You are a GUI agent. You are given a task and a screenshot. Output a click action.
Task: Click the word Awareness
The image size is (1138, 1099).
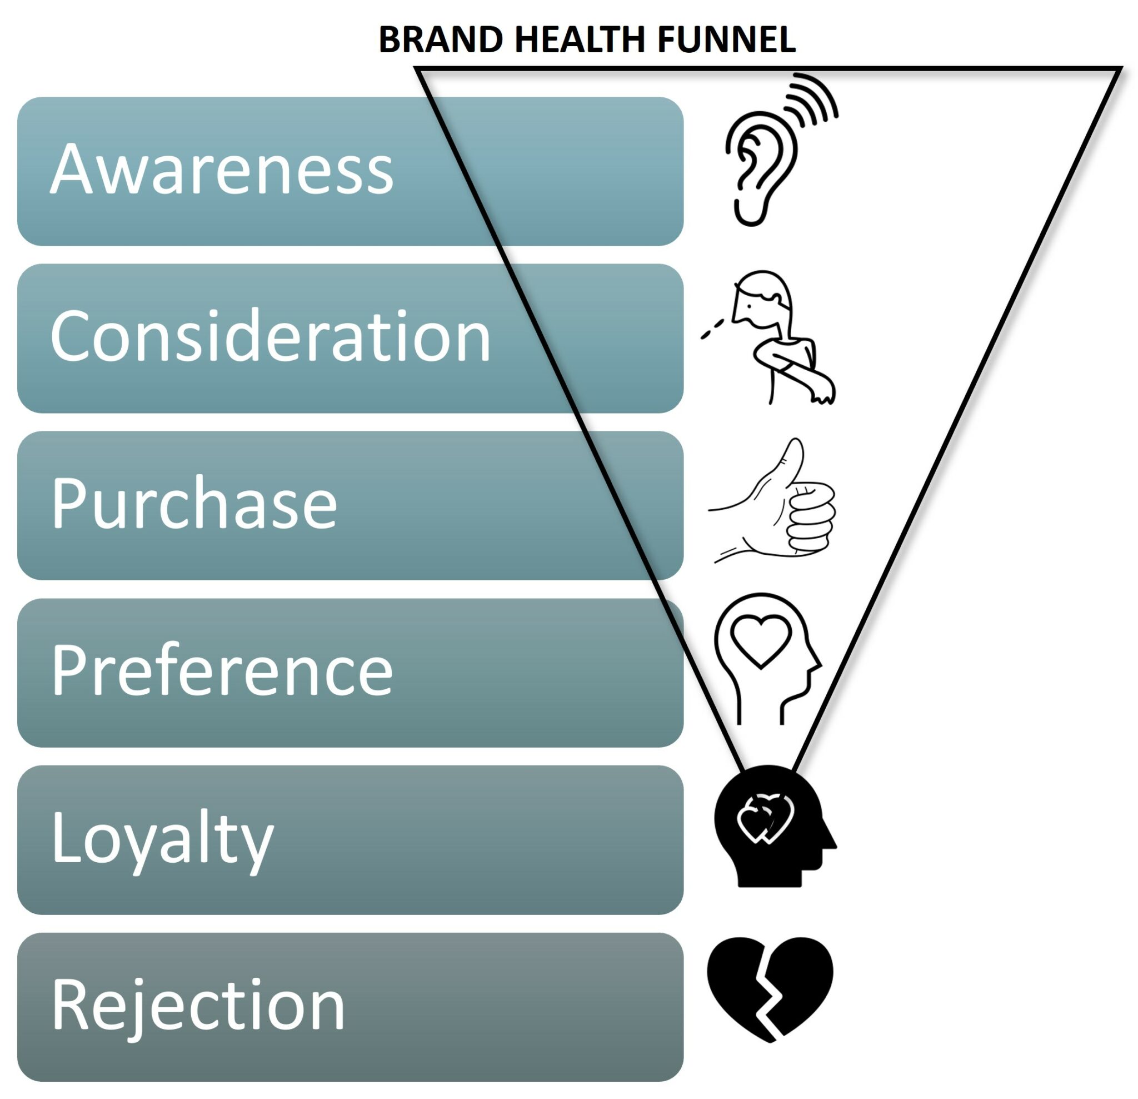pos(222,170)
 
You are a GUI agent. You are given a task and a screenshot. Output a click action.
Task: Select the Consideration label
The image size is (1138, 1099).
pos(271,337)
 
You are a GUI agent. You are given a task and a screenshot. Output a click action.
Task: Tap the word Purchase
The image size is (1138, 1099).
pos(194,503)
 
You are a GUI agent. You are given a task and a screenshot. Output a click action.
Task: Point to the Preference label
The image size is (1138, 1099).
pos(222,671)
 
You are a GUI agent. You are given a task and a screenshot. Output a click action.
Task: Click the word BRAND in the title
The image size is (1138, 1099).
pos(441,40)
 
